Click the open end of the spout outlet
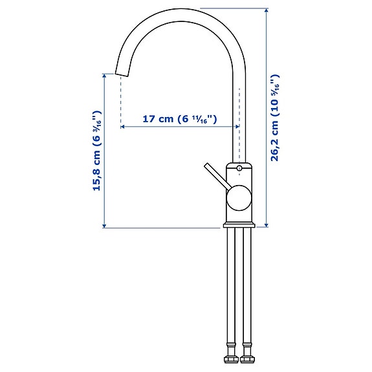click(120, 74)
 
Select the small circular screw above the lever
click(239, 170)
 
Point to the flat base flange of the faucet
click(239, 226)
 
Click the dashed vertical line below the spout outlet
click(120, 104)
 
